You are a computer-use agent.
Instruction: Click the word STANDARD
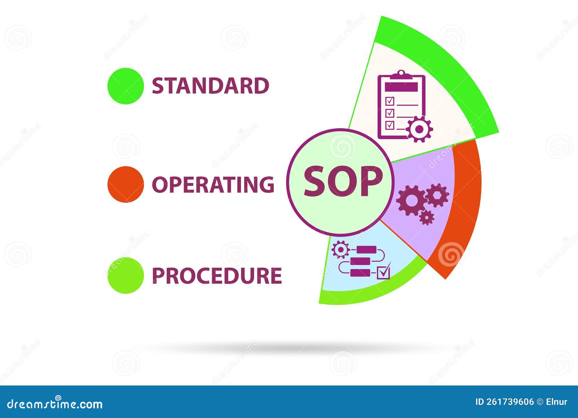coord(210,86)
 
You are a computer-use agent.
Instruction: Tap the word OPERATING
coord(213,184)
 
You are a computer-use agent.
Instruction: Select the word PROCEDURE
coord(217,276)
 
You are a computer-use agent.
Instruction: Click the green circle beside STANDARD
coord(126,86)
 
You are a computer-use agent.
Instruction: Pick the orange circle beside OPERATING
coord(126,184)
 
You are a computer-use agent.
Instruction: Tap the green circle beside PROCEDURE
coord(126,275)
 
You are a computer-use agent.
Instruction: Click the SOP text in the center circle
coord(342,182)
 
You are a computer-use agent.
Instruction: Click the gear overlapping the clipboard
coord(419,129)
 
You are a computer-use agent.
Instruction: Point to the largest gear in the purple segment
coord(410,201)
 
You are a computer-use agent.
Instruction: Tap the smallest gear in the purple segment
coord(427,217)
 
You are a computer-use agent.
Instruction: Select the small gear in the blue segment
coord(340,250)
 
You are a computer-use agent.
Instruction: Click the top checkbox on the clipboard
coord(390,101)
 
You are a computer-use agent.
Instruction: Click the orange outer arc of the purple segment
coord(466,202)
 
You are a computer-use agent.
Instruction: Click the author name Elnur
coord(556,402)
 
